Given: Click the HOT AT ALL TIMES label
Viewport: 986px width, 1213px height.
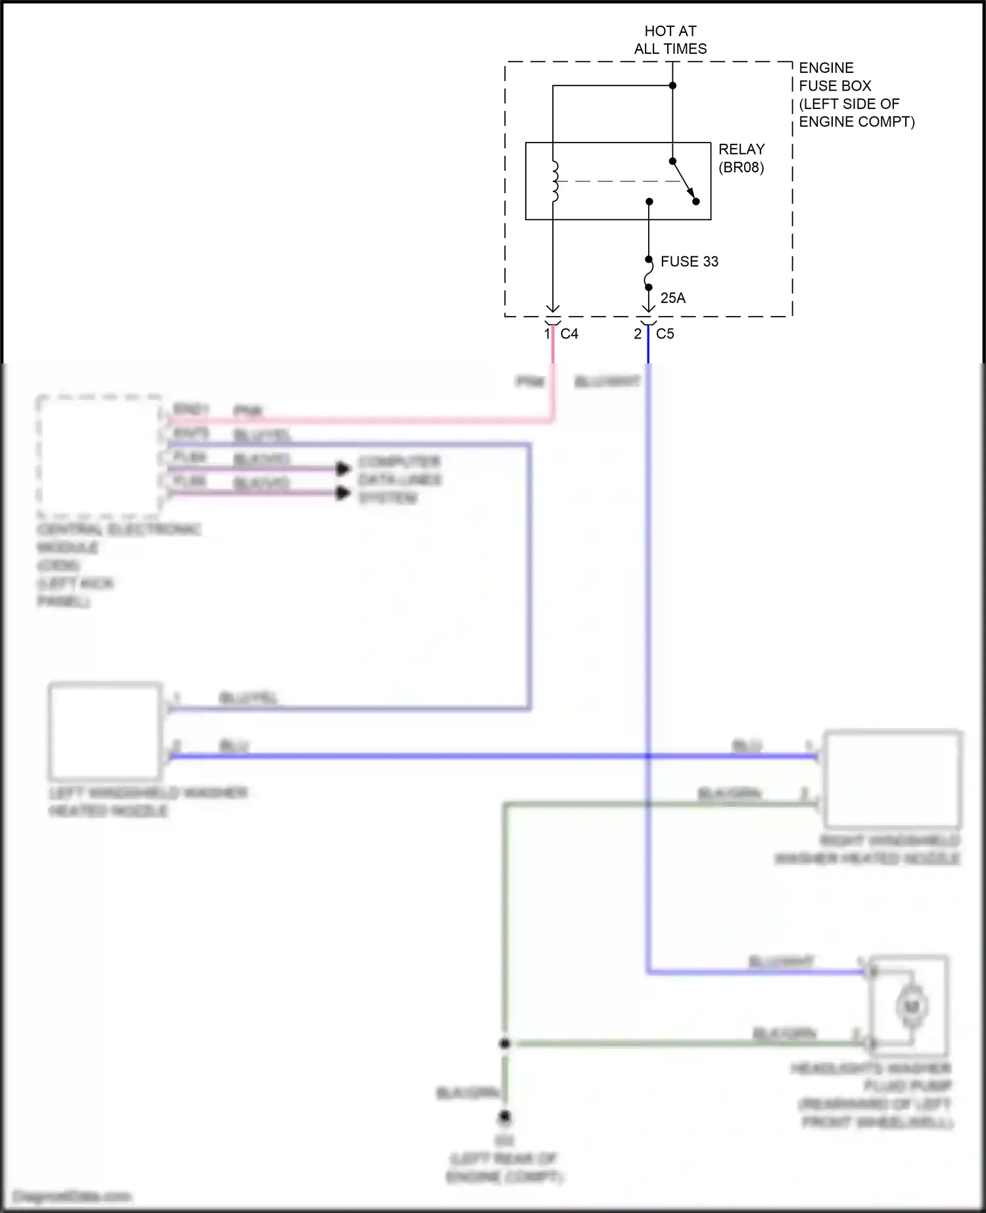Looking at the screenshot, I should (x=670, y=39).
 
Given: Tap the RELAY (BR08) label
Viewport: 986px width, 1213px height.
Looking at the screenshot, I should (x=741, y=158).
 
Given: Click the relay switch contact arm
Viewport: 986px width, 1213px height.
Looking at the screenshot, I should (x=684, y=180).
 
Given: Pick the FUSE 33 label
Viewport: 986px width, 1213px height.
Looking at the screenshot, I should (x=689, y=262).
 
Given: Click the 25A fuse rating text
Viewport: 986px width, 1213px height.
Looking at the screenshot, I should (x=672, y=298).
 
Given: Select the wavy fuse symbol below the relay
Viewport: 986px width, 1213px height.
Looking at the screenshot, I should (x=649, y=273).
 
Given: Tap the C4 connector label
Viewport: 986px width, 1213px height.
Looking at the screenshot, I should (x=569, y=334).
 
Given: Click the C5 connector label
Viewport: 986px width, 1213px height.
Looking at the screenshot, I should (x=665, y=334).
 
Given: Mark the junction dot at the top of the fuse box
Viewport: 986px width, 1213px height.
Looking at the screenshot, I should (x=672, y=85).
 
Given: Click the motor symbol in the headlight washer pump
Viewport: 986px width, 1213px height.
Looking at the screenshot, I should (x=911, y=1006).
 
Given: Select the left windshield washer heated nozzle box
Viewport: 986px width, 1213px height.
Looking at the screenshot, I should (x=105, y=731).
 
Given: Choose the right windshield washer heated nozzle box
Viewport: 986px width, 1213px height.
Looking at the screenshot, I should (x=893, y=779).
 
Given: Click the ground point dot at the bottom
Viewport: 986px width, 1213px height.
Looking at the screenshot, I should (x=505, y=1116).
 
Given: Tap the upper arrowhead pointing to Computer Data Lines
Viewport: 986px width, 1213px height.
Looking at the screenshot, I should (x=343, y=469).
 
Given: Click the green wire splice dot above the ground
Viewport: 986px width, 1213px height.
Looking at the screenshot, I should (x=505, y=1043).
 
